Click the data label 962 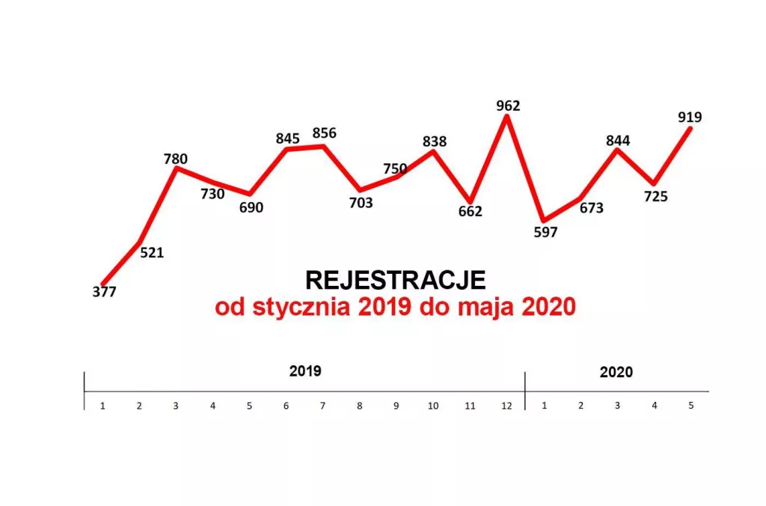(508, 106)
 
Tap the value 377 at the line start (104, 292)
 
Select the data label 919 (690, 117)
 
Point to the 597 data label (546, 232)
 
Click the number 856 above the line (325, 133)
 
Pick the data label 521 (152, 252)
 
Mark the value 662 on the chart (471, 211)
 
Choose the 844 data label (618, 140)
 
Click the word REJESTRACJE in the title (396, 280)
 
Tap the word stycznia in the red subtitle (299, 307)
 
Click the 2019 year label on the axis (305, 371)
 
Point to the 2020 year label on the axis (616, 372)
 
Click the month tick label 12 (507, 406)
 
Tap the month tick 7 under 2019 (323, 406)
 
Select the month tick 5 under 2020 (690, 406)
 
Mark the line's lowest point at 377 (103, 283)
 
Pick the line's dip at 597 (545, 220)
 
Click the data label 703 (361, 203)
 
